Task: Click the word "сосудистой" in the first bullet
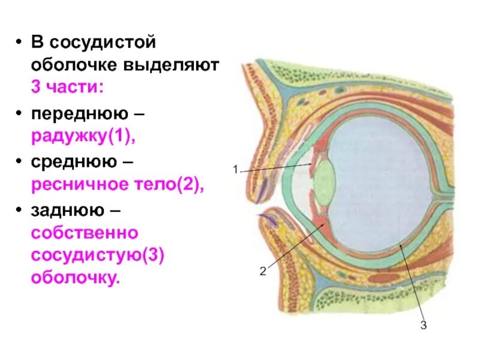(100, 43)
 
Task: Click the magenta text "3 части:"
(67, 86)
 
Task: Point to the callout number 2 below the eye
(262, 271)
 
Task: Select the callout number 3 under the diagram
(424, 326)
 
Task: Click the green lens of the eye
(325, 179)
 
